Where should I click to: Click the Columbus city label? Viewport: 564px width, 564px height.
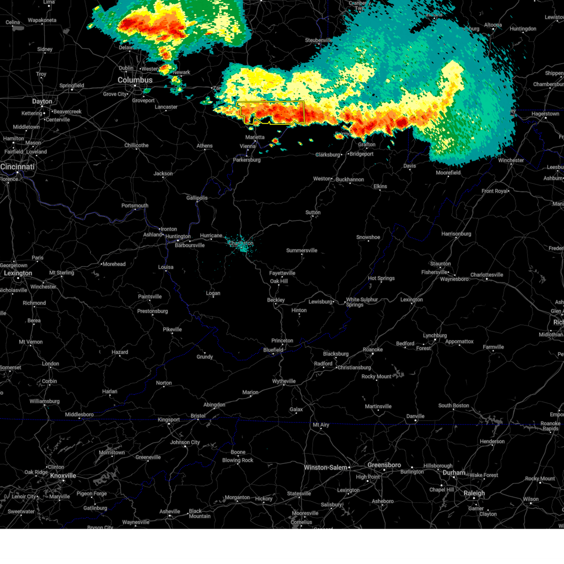pos(135,80)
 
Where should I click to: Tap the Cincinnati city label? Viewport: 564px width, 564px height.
pos(17,167)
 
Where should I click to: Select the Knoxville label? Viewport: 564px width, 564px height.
pos(63,476)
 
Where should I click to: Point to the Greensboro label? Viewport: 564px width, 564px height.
pos(384,465)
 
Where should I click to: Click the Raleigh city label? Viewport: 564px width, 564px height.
pos(474,493)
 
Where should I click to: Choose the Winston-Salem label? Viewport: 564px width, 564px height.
pos(326,468)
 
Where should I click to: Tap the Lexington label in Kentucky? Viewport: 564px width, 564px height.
pos(18,273)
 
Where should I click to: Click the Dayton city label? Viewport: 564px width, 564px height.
pos(42,102)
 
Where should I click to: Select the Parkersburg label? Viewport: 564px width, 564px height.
pos(247,160)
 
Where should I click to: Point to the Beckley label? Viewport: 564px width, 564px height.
pos(276,300)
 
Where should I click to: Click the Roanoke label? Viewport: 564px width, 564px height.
pos(373,350)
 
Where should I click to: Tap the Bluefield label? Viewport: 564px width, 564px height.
pos(273,350)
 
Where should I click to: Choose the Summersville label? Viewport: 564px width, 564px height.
pos(302,251)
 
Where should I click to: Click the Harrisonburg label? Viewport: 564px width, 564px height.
pos(456,234)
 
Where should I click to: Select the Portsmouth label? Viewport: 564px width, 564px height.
pos(135,205)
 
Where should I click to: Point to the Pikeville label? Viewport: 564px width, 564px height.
pos(172,329)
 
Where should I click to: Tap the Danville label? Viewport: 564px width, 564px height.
pos(415,416)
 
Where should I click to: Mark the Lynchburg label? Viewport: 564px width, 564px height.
pos(435,336)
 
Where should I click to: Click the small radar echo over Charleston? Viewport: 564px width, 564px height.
pos(241,245)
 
